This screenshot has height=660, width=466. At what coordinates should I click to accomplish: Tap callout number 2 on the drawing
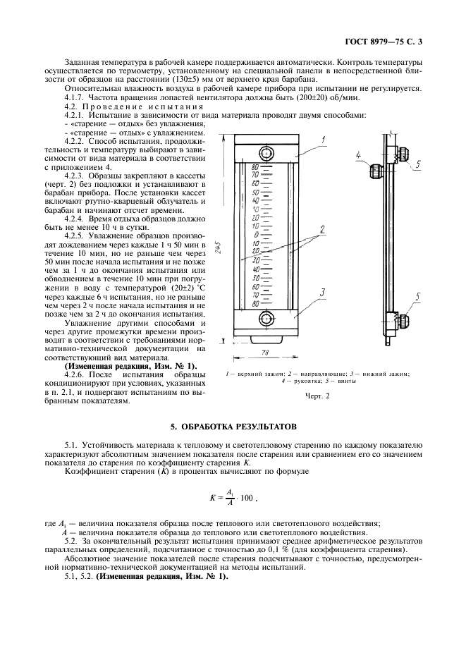(321, 229)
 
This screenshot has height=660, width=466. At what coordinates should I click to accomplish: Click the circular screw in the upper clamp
(265, 154)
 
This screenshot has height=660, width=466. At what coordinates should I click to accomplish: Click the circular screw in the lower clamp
(265, 319)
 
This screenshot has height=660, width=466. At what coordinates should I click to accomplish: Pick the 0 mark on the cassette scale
(257, 236)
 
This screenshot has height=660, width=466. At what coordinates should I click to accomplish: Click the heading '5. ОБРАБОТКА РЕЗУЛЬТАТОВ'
(233, 427)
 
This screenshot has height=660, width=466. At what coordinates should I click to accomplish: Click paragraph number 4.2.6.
(77, 374)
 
